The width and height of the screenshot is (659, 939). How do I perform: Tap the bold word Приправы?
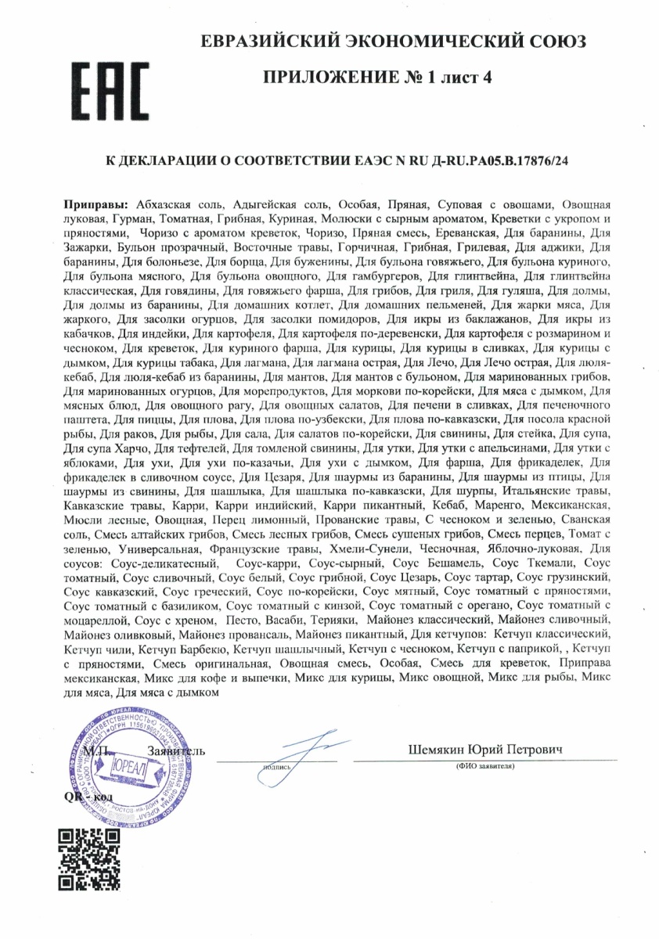click(x=98, y=203)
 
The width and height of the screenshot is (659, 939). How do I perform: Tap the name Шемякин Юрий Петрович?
click(x=485, y=750)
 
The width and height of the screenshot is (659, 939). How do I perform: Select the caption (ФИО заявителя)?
click(x=485, y=766)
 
